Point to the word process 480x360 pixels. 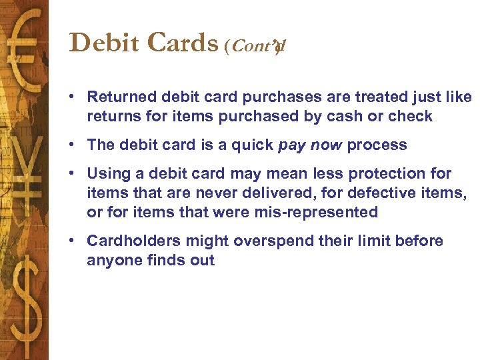coord(377,145)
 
